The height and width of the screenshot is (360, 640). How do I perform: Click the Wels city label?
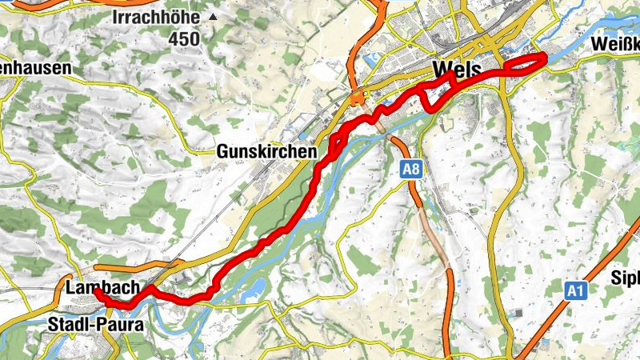click(456, 69)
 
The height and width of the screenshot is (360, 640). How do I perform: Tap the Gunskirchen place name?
click(266, 150)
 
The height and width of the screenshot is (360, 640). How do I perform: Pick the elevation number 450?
click(183, 38)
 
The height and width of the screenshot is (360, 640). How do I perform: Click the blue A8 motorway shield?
click(410, 169)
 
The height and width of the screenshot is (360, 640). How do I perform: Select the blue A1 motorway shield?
click(574, 291)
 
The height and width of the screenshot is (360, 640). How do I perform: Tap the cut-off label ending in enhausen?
click(35, 69)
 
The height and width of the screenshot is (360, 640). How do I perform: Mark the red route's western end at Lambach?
click(97, 293)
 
